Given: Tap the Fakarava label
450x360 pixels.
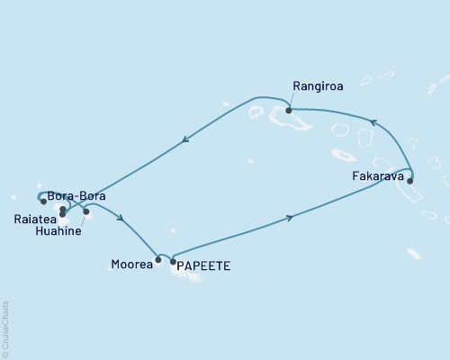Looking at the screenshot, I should (x=377, y=177).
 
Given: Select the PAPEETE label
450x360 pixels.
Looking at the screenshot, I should (x=203, y=266).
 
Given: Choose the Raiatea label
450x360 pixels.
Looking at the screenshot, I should (x=33, y=217).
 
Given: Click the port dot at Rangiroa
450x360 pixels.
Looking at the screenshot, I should (x=288, y=111).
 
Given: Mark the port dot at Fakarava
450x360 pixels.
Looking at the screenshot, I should (x=410, y=181).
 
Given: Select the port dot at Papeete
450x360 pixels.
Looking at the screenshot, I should (x=173, y=261).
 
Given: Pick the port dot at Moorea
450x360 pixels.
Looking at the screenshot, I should (x=158, y=260).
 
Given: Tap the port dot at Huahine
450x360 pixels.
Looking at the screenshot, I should (x=86, y=212).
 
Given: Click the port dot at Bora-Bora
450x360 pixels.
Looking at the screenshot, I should (x=62, y=210).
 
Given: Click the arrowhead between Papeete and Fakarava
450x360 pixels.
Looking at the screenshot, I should (x=289, y=217).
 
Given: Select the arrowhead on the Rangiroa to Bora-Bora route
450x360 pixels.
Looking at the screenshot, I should (x=184, y=139).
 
